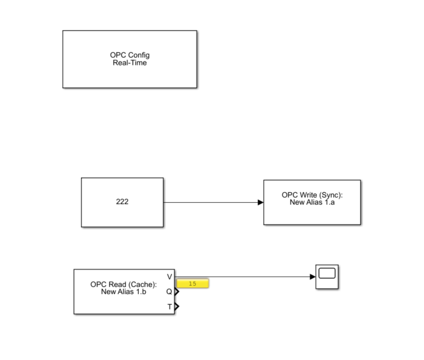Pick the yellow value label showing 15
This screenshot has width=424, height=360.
[x=192, y=284]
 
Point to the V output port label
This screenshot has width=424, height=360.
[x=169, y=277]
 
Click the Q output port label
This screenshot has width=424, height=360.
[x=169, y=292]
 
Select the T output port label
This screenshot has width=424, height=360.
[x=169, y=306]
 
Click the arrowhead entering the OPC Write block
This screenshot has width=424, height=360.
[x=261, y=202]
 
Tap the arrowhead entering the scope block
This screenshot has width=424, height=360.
[x=312, y=277]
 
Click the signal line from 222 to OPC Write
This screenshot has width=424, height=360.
[x=208, y=202]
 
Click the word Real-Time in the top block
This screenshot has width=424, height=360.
[x=130, y=62]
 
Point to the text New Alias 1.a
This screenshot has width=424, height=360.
[x=312, y=202]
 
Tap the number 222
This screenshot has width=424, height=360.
[x=122, y=202]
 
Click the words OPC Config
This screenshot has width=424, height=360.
[x=130, y=55]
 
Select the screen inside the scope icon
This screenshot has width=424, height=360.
[x=327, y=274]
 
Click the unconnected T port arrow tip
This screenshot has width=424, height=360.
[x=177, y=306]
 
